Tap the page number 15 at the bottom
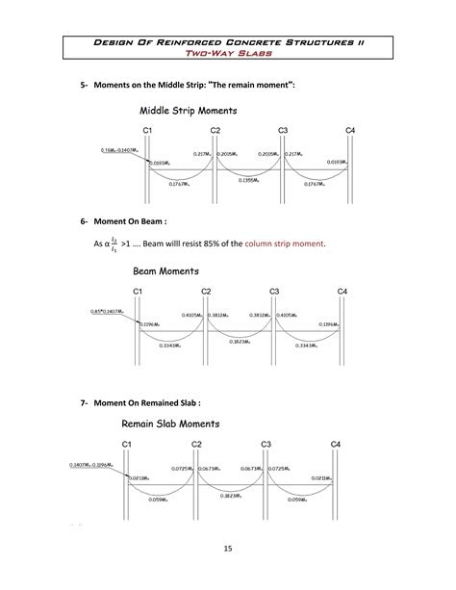pyautogui.click(x=228, y=549)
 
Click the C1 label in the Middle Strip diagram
pyautogui.click(x=147, y=129)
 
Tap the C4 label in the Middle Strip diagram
pyautogui.click(x=350, y=129)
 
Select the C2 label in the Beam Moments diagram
pyautogui.click(x=206, y=291)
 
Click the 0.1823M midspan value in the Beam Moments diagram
pyautogui.click(x=241, y=341)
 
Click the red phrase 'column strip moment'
pyautogui.click(x=285, y=244)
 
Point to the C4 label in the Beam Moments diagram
pyautogui.click(x=342, y=291)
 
